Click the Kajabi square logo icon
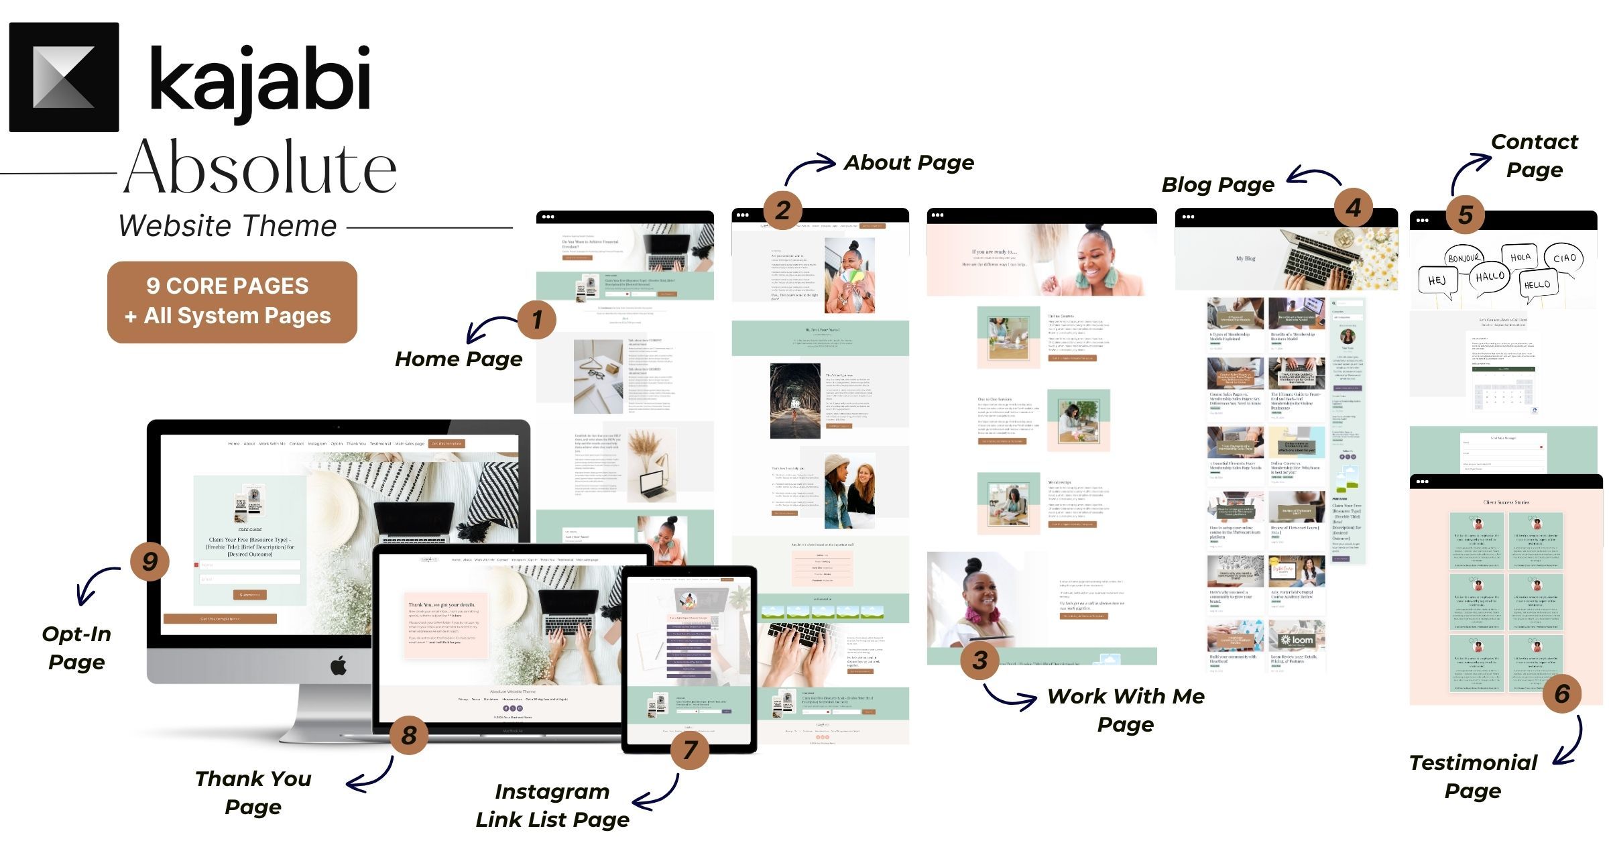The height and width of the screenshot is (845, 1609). click(x=64, y=77)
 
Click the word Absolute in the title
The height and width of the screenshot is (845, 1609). click(x=260, y=168)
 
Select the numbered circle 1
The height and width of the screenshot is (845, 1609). click(x=536, y=319)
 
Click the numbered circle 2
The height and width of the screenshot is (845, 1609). click(x=782, y=210)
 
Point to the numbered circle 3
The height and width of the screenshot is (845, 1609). click(x=979, y=660)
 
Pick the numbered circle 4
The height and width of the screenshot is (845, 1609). click(x=1353, y=207)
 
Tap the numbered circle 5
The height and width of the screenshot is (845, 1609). click(x=1466, y=215)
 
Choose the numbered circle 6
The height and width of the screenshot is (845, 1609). click(x=1562, y=693)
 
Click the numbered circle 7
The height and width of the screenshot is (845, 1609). click(x=690, y=749)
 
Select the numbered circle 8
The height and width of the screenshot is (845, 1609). click(x=409, y=735)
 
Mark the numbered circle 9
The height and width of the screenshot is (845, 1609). click(x=150, y=561)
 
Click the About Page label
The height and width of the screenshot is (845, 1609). click(x=908, y=163)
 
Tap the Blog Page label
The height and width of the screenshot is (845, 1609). click(x=1217, y=184)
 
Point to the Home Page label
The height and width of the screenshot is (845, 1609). click(x=459, y=359)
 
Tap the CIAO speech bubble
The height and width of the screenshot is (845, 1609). click(x=1564, y=258)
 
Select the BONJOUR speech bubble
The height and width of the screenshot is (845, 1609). click(x=1463, y=258)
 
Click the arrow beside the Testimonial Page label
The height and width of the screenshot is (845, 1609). click(x=1569, y=741)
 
